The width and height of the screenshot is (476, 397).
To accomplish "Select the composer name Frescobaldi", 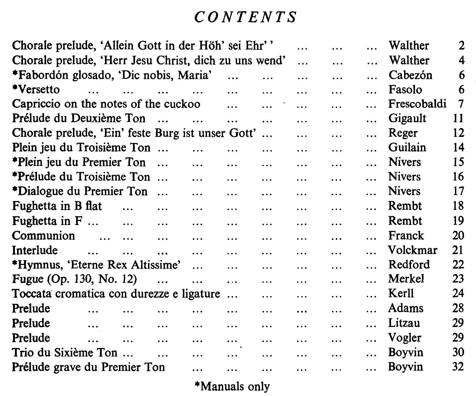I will point(417,104).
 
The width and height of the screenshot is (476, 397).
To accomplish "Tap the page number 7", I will point(461,104).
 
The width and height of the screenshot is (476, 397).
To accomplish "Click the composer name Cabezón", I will point(410,75).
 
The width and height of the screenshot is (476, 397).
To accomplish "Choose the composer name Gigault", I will point(407,118).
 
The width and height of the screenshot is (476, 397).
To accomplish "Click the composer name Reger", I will point(403,133).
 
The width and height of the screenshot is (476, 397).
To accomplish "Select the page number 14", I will point(458,148).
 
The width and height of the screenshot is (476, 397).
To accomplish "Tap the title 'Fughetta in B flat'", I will point(57,206).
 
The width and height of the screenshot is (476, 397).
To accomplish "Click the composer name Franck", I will point(406,235).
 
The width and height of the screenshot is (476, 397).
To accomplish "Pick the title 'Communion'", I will point(43,236).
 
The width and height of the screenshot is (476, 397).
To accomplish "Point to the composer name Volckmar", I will point(413,250).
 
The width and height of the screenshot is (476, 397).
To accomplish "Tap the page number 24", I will point(458,293).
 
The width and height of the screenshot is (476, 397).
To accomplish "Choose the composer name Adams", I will point(406,308).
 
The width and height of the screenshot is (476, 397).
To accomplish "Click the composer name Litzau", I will point(404,323).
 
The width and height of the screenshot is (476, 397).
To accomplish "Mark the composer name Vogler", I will point(405,338).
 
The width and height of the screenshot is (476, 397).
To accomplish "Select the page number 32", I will point(458,367).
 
